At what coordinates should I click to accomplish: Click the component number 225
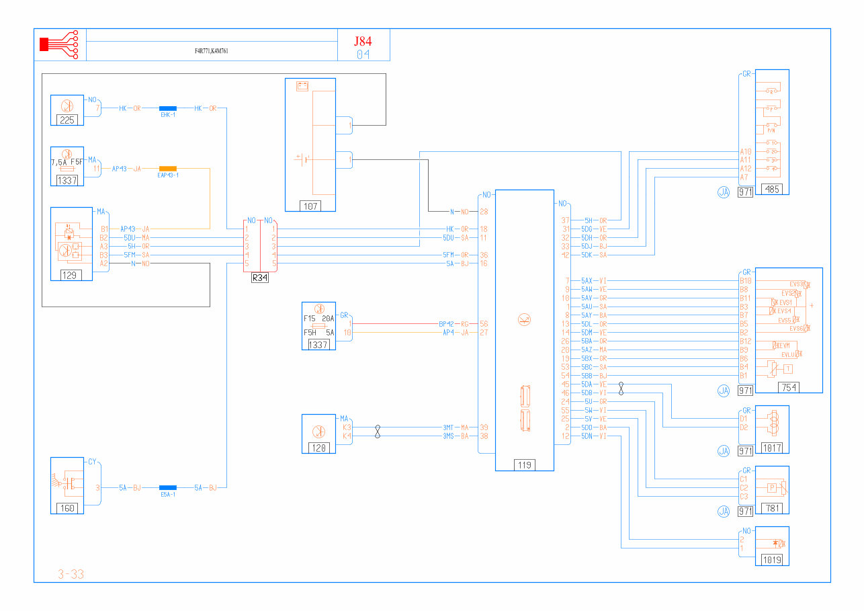click(x=67, y=120)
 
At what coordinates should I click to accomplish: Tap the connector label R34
click(x=259, y=278)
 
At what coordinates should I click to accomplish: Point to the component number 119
click(x=524, y=464)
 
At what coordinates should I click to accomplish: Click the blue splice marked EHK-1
click(x=167, y=108)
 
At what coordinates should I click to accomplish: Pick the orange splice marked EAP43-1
click(x=167, y=169)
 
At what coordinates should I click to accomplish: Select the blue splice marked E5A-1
click(x=167, y=487)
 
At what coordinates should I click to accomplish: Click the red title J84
click(x=363, y=41)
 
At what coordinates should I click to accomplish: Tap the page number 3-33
click(x=71, y=574)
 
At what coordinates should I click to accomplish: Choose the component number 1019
click(x=772, y=560)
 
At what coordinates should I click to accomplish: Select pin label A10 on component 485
click(x=745, y=152)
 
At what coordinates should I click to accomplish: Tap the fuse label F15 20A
click(x=319, y=319)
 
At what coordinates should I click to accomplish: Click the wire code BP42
click(x=447, y=324)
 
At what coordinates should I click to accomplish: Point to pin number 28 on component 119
click(x=484, y=212)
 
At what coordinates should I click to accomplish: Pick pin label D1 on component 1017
click(x=744, y=419)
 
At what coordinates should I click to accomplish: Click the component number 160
click(x=67, y=508)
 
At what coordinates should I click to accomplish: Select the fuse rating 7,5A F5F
click(x=67, y=162)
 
